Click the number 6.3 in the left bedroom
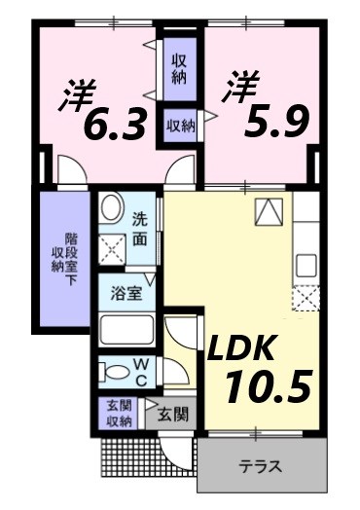tap(114, 124)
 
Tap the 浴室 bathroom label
tap(126, 293)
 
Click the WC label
tap(140, 373)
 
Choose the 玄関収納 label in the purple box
tap(119, 414)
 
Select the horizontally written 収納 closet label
tap(178, 124)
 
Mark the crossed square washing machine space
tap(113, 249)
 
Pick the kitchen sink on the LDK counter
tap(306, 263)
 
